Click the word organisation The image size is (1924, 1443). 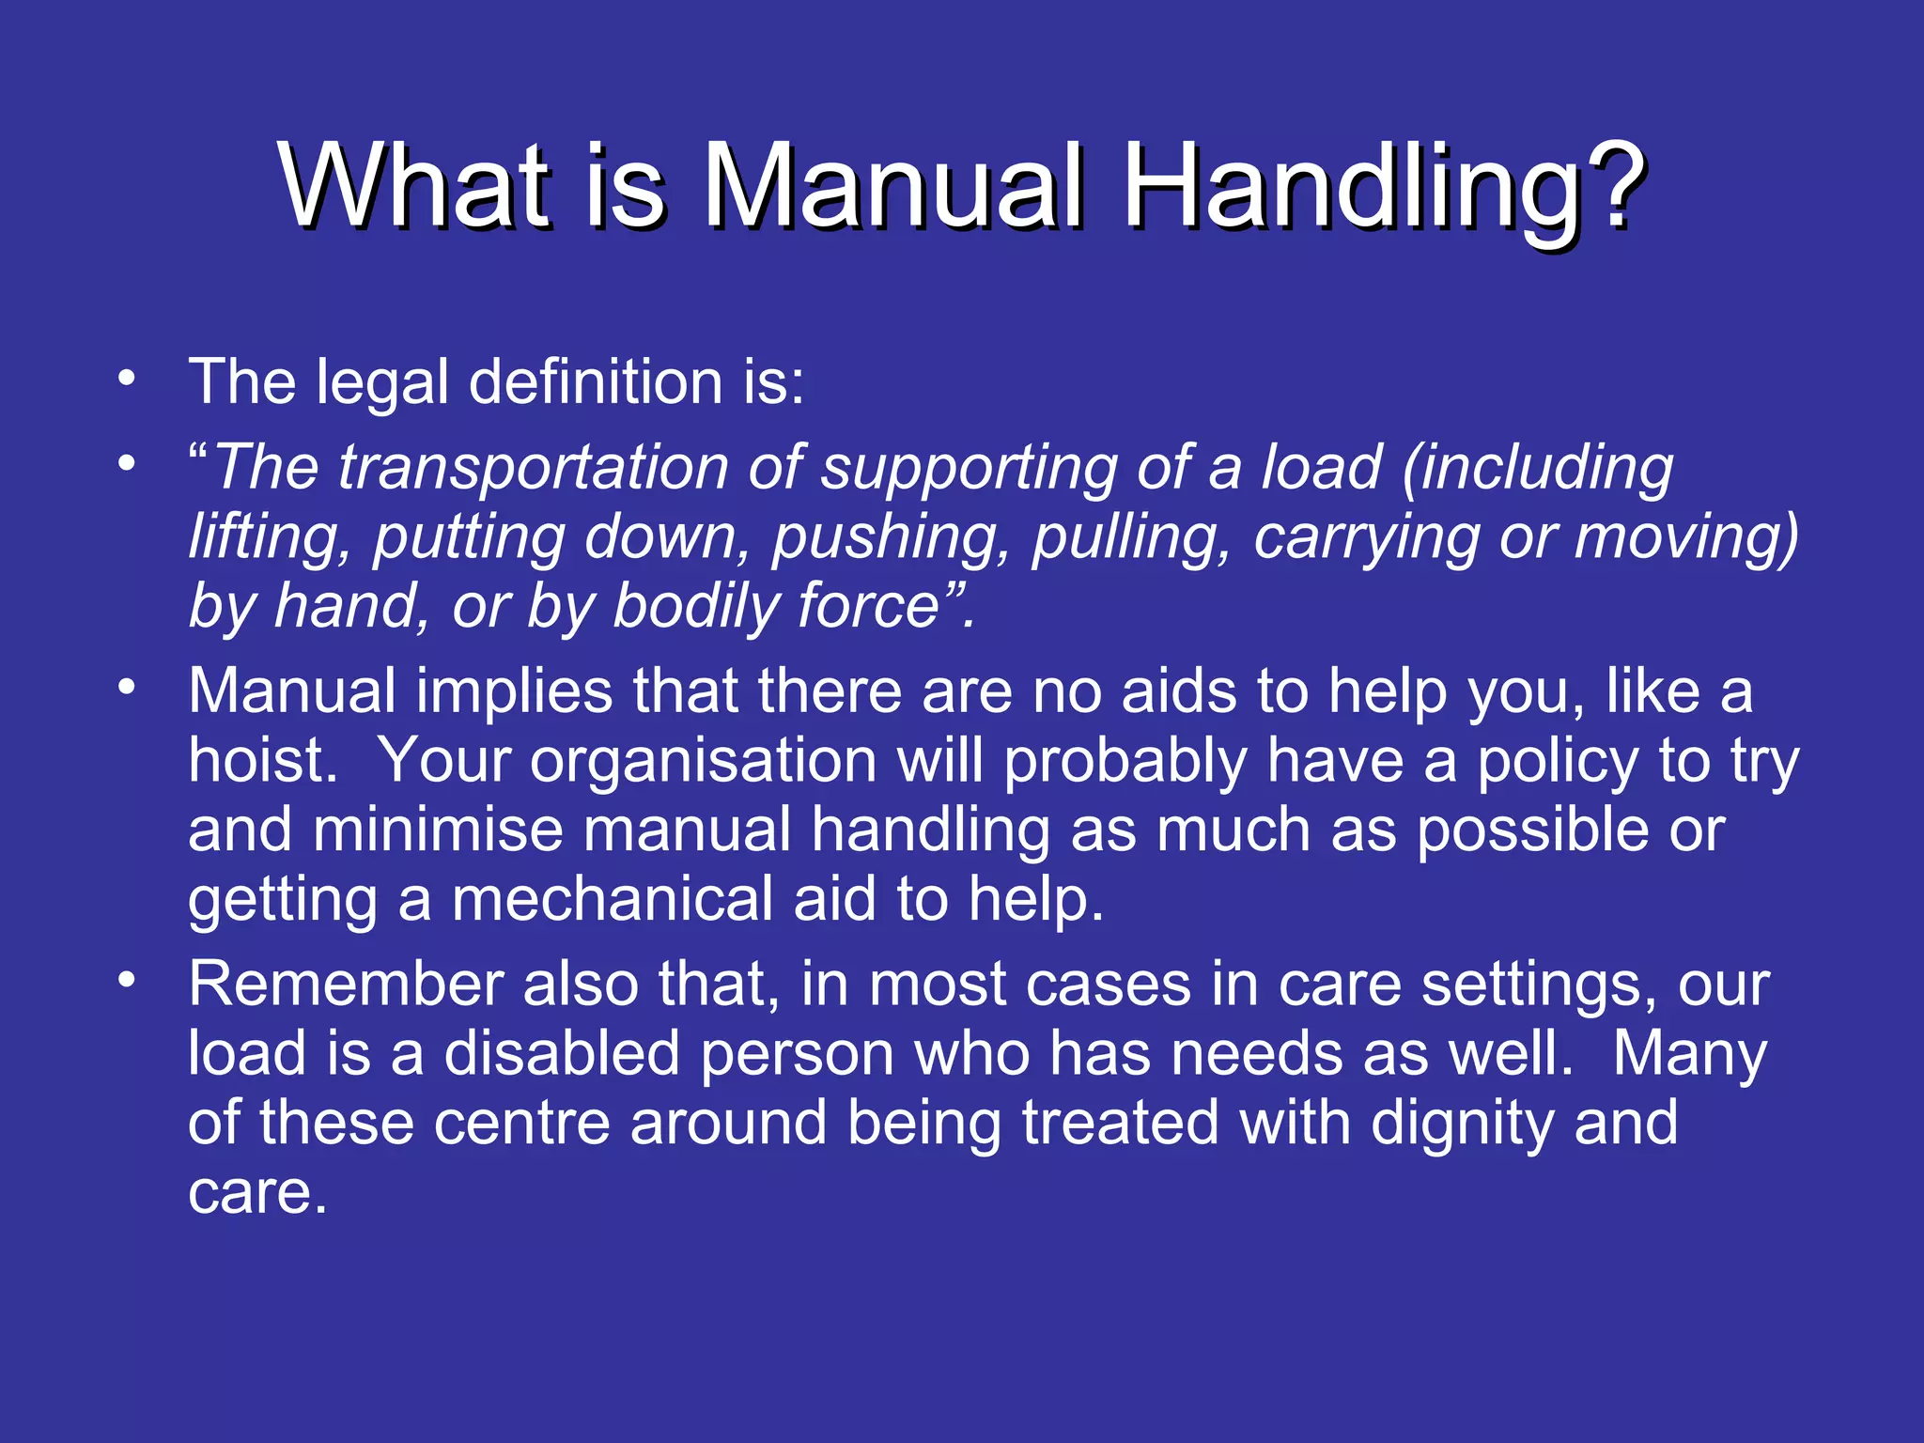[x=703, y=762]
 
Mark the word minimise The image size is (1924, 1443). [x=438, y=830]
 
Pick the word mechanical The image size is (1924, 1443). [x=612, y=899]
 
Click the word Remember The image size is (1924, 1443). [x=345, y=985]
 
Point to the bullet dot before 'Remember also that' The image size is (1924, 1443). [x=127, y=980]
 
